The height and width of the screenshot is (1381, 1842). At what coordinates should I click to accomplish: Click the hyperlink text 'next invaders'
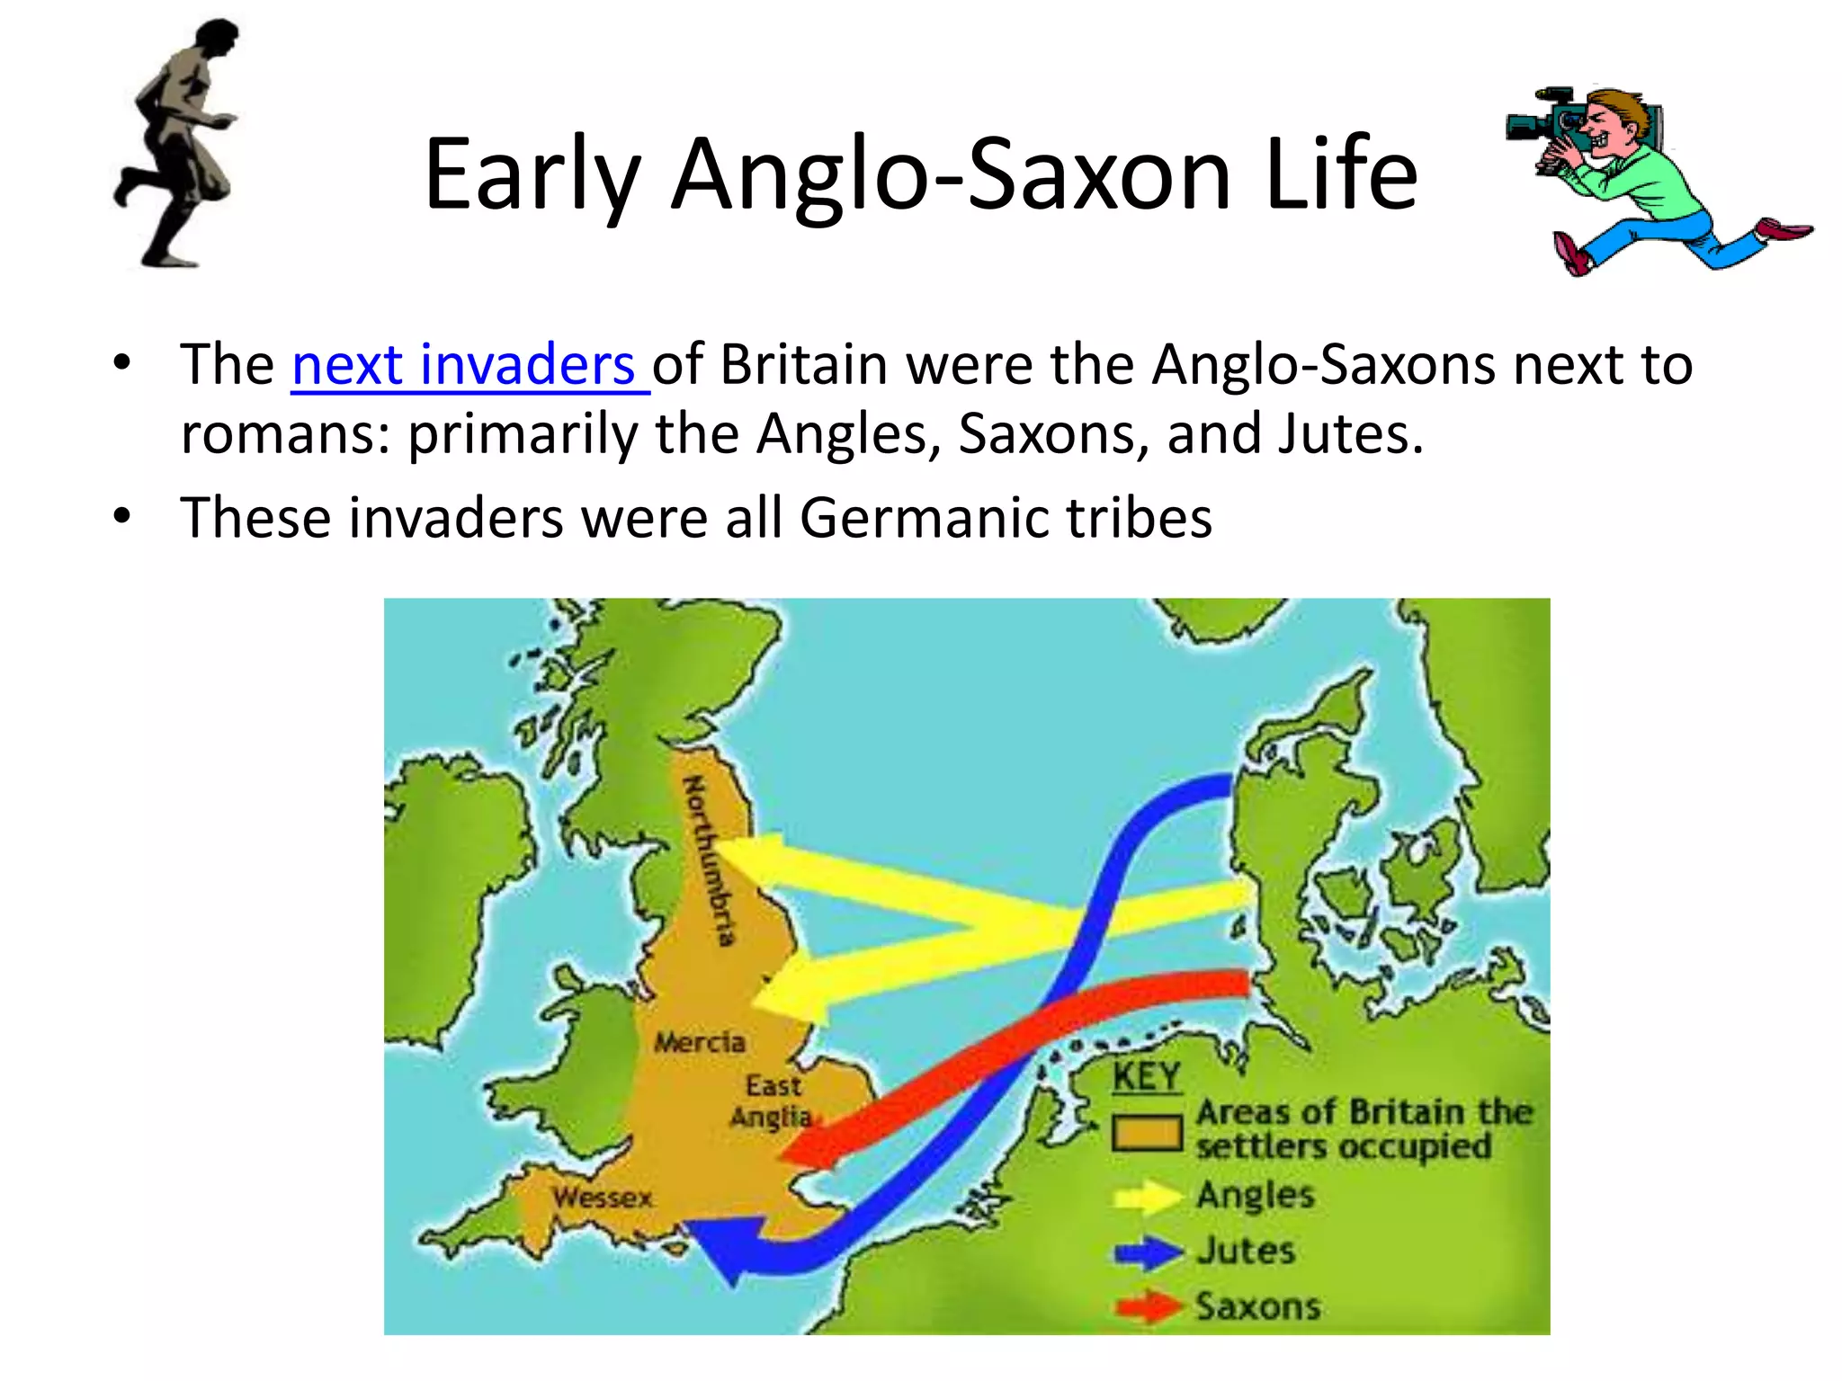pyautogui.click(x=463, y=365)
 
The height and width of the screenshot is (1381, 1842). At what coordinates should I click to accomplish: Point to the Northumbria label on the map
pyautogui.click(x=710, y=860)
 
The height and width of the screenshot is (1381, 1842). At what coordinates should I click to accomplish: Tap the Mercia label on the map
pyautogui.click(x=700, y=1042)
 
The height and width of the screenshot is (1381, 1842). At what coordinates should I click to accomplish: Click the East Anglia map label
pyautogui.click(x=772, y=1101)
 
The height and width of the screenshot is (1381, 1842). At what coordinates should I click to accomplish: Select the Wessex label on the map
pyautogui.click(x=603, y=1198)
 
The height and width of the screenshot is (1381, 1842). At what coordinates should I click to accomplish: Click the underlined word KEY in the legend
pyautogui.click(x=1146, y=1076)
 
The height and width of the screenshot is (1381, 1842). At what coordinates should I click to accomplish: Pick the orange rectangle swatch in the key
pyautogui.click(x=1146, y=1134)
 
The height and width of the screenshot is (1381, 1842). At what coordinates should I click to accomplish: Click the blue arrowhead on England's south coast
pyautogui.click(x=724, y=1245)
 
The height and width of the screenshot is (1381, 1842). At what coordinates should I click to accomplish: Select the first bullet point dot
pyautogui.click(x=122, y=363)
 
